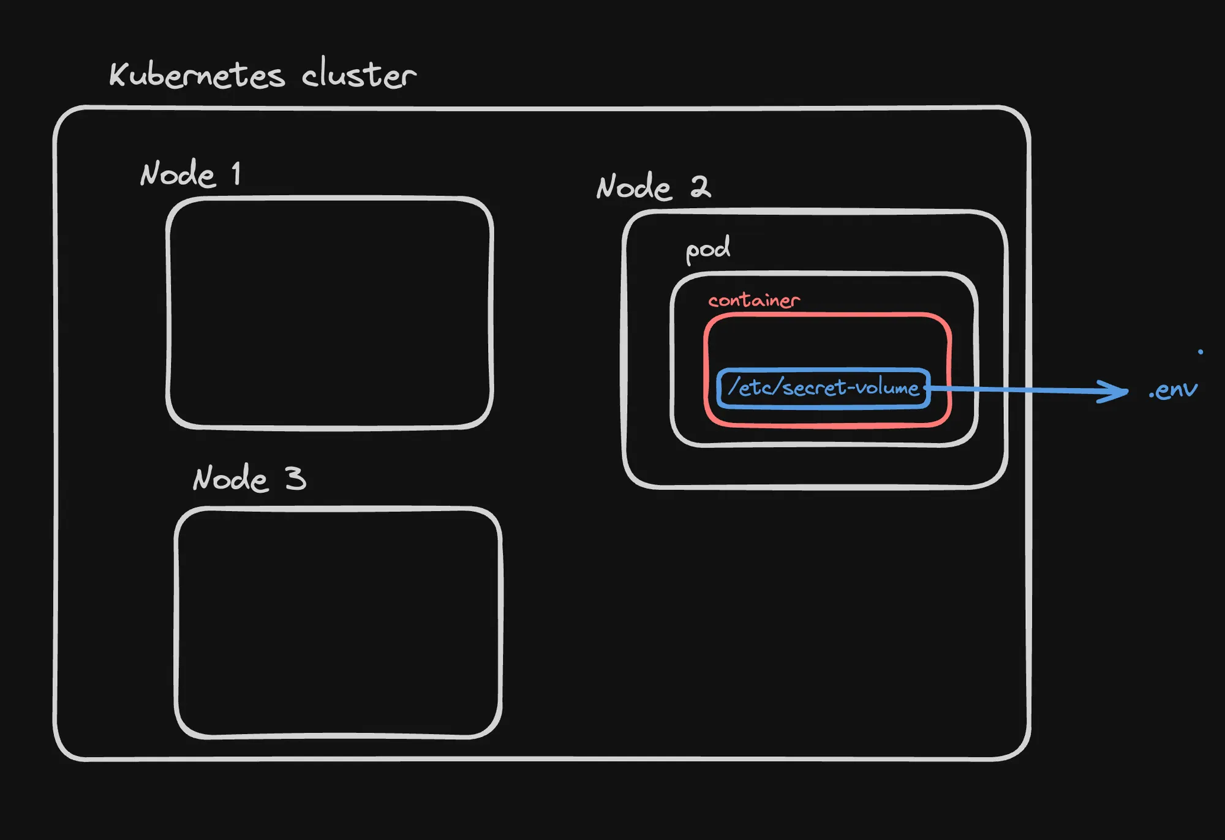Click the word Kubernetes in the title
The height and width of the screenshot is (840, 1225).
[197, 75]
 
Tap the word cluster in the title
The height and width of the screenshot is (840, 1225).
[359, 75]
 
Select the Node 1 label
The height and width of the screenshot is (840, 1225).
[190, 174]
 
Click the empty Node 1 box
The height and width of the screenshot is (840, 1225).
[330, 312]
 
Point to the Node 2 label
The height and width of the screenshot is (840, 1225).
[654, 187]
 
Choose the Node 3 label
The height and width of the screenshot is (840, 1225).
[249, 478]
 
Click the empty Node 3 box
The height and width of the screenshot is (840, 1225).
[338, 622]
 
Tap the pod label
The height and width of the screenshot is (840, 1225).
[707, 250]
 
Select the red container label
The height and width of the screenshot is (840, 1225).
[754, 300]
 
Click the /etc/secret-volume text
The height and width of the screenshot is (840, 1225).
[823, 388]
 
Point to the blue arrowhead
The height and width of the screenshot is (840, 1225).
[1115, 391]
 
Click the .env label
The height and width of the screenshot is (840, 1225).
[1173, 390]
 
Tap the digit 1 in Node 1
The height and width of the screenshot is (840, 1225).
[236, 173]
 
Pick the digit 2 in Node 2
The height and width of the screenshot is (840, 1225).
[701, 186]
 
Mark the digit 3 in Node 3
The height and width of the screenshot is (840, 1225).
[295, 478]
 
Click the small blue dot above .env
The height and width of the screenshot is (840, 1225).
[1200, 351]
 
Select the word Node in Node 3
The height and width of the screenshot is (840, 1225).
[230, 479]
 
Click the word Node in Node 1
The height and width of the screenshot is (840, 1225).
[178, 174]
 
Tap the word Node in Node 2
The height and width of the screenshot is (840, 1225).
[634, 187]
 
